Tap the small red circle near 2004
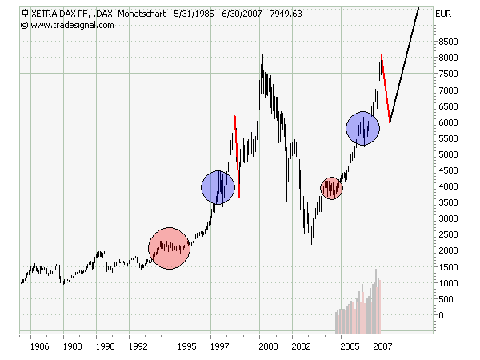click(x=331, y=188)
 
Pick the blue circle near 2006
click(x=362, y=127)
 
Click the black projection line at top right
click(x=404, y=64)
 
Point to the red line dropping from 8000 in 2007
click(x=386, y=88)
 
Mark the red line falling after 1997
click(x=237, y=156)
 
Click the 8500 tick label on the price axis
click(x=448, y=42)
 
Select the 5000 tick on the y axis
click(x=448, y=154)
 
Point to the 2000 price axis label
click(x=448, y=251)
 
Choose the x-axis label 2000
click(x=267, y=347)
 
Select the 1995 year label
click(x=187, y=347)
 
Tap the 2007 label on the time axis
click(x=382, y=347)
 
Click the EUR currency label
click(x=443, y=14)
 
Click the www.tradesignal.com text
click(x=72, y=25)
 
